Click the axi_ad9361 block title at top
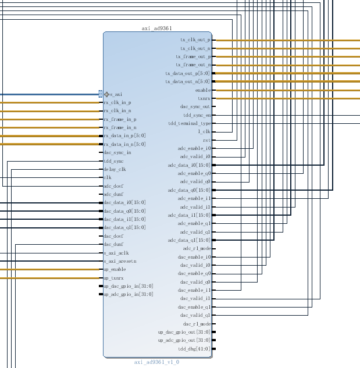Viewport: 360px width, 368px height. [x=157, y=28]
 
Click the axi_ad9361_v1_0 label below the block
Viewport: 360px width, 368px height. [x=156, y=362]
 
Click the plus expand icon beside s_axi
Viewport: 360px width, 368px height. [x=106, y=94]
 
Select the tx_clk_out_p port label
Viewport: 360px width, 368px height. [x=195, y=40]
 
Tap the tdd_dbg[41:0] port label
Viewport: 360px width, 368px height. [x=194, y=349]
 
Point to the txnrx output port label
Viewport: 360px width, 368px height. [x=204, y=99]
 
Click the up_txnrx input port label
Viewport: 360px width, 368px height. [x=113, y=278]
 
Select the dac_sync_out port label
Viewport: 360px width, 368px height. [x=195, y=107]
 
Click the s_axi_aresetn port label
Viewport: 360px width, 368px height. [x=120, y=261]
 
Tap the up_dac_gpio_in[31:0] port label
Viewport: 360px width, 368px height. [x=128, y=286]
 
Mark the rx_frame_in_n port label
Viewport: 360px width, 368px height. [x=120, y=127]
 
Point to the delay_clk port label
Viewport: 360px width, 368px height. [x=115, y=169]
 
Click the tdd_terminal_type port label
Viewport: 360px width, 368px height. [x=189, y=124]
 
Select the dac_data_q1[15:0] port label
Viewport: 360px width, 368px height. [x=124, y=228]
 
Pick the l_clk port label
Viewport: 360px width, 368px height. [x=204, y=132]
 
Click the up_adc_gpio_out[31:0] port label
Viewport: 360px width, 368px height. [x=184, y=340]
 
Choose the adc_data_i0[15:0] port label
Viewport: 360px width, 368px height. [x=188, y=165]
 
